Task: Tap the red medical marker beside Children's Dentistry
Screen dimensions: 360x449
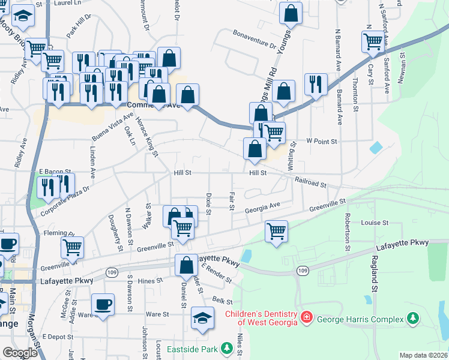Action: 307,316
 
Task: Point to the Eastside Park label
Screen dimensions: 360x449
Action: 192,348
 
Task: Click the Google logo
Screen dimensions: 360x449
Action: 20,353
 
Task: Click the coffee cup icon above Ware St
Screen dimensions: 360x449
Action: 103,304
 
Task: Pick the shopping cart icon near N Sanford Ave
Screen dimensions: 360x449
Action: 373,41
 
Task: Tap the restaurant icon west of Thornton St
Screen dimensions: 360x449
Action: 315,84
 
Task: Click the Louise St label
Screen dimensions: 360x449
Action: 375,223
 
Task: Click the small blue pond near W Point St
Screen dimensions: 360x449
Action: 376,147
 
